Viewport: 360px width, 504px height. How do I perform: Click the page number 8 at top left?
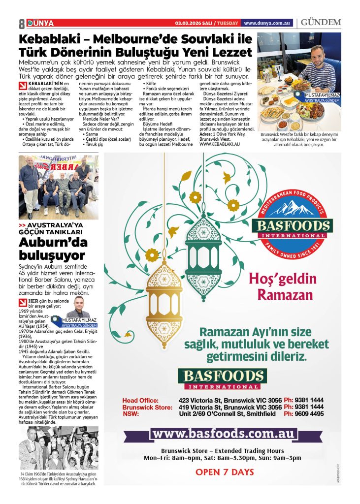point(22,23)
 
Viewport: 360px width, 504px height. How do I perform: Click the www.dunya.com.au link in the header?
point(267,23)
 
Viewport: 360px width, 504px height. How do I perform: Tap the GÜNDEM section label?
point(321,23)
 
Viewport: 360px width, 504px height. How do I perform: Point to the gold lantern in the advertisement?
point(163,295)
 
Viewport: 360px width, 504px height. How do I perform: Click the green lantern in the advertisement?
point(203,251)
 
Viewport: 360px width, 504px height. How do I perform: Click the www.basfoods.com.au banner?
point(224,434)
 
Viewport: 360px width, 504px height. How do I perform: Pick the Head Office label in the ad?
point(140,400)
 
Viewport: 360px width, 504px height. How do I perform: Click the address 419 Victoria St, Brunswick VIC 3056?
point(230,407)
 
